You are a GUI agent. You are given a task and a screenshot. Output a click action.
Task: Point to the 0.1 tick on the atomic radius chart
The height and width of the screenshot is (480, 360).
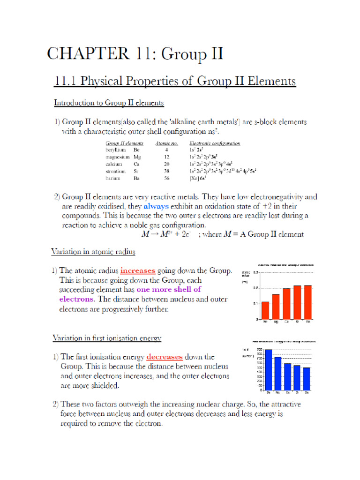pos(256,303)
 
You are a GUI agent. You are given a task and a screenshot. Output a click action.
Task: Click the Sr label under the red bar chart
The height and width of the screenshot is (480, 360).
pos(297,322)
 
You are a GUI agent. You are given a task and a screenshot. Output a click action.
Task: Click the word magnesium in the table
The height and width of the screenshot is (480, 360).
pos(118,157)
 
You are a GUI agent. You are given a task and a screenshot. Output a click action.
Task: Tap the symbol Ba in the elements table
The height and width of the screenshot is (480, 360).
pos(136,178)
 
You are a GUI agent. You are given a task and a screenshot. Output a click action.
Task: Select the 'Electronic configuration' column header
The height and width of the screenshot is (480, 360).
pos(215,143)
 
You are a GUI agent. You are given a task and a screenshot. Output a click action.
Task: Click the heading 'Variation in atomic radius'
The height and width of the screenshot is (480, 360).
pos(93,252)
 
